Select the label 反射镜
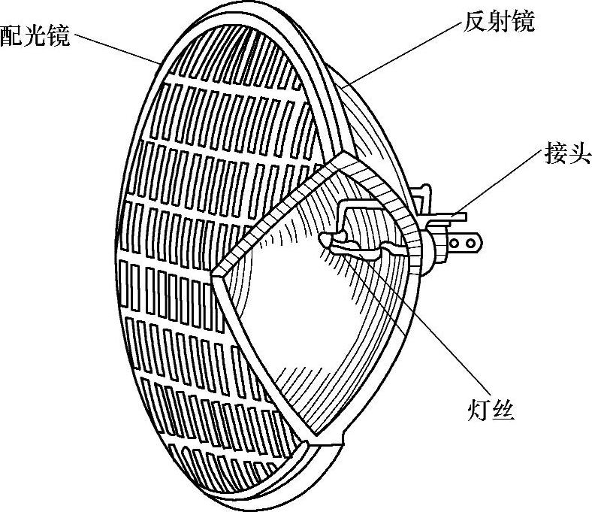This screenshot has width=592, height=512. pyautogui.click(x=497, y=22)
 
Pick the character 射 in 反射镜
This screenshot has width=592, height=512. pyautogui.click(x=497, y=22)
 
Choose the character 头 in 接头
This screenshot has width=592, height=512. pyautogui.click(x=579, y=156)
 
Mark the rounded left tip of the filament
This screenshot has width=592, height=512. pyautogui.click(x=325, y=239)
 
